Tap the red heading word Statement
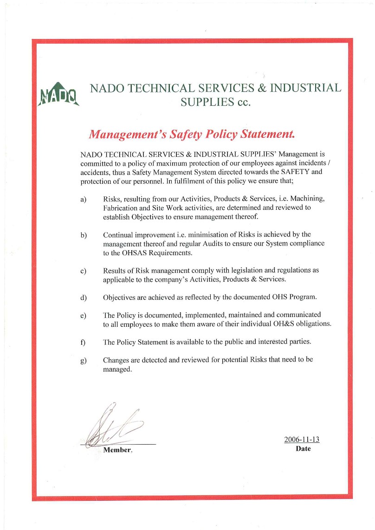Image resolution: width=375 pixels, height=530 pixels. point(264,135)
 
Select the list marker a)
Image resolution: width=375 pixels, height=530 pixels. point(84,200)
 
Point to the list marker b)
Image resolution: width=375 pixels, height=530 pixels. point(84,235)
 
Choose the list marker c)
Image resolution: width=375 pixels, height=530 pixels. point(84,271)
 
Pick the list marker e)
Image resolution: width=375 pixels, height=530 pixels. point(84,315)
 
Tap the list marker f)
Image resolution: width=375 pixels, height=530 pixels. point(83,342)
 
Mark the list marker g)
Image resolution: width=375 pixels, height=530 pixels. point(84,360)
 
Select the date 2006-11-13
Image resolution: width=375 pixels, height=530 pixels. point(302,440)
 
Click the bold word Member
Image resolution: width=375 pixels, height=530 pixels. point(117,450)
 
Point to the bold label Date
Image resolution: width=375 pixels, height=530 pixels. point(303,449)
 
